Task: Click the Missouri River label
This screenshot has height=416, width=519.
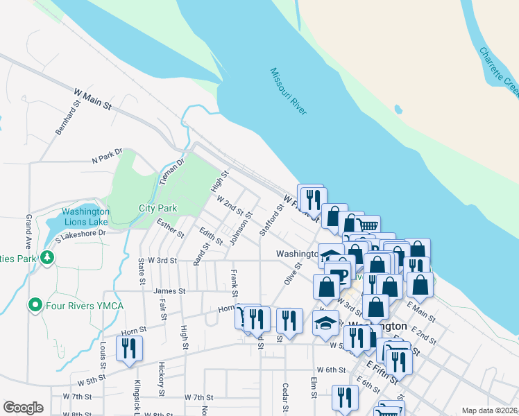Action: [x=289, y=91]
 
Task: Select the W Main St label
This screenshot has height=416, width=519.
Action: [x=93, y=98]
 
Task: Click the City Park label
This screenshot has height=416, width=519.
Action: [x=158, y=208]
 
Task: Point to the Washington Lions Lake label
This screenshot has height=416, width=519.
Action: [x=85, y=217]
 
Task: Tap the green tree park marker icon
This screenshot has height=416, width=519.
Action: [x=47, y=258]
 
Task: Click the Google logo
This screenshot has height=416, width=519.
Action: [x=23, y=407]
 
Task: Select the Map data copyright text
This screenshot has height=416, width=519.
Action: [x=490, y=410]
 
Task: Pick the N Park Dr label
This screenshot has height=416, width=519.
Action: [x=107, y=155]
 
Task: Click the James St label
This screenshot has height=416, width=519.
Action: [x=170, y=292]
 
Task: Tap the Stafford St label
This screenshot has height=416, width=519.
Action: [x=272, y=219]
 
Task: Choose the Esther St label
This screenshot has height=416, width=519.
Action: [x=170, y=229]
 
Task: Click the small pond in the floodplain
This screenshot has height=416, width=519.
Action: [x=398, y=109]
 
